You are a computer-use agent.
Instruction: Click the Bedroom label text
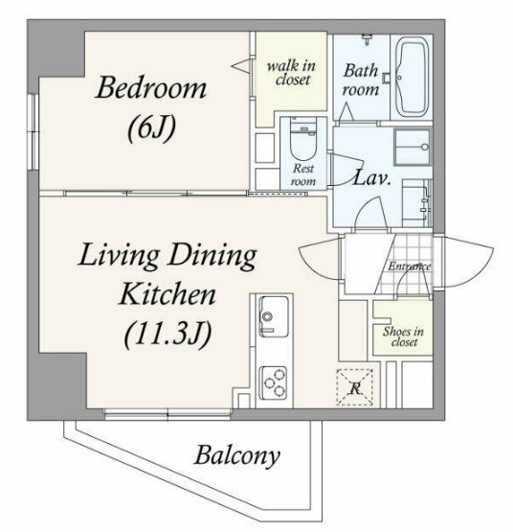[151, 87]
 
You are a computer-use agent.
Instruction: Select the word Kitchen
[167, 294]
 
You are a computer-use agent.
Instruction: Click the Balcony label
[237, 455]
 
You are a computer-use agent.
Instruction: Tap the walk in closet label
[291, 73]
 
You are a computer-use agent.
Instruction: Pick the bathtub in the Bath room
[412, 77]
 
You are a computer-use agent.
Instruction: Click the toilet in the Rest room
[303, 139]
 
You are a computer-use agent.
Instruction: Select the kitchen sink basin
[274, 317]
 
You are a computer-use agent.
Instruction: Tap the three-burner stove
[274, 383]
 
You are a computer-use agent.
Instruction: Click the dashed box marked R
[354, 387]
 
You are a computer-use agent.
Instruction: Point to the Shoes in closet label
[403, 336]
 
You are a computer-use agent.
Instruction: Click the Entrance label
[410, 266]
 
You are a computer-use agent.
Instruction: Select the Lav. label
[371, 177]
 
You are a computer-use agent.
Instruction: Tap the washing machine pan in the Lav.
[413, 147]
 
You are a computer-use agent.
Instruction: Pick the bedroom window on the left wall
[33, 131]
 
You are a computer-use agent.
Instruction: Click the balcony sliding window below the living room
[167, 414]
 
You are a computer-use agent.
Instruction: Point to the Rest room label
[303, 174]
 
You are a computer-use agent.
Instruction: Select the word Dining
[212, 256]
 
